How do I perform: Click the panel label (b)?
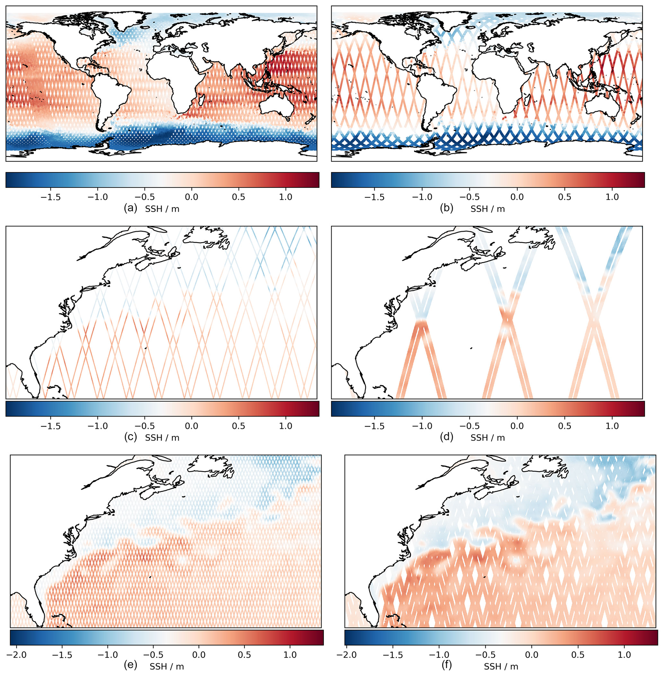point(447,208)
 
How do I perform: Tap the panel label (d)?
point(447,437)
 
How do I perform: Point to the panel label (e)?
point(131,665)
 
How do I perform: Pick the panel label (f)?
point(447,665)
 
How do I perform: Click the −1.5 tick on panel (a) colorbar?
point(50,197)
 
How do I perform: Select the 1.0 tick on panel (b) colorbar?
point(612,197)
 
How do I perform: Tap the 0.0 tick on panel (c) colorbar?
point(191,426)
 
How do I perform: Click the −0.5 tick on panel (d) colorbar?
point(469,426)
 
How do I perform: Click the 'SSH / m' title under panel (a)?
point(162,209)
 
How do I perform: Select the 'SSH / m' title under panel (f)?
point(501,666)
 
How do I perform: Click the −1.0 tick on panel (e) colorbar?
point(109,655)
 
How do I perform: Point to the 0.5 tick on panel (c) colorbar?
point(239,426)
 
